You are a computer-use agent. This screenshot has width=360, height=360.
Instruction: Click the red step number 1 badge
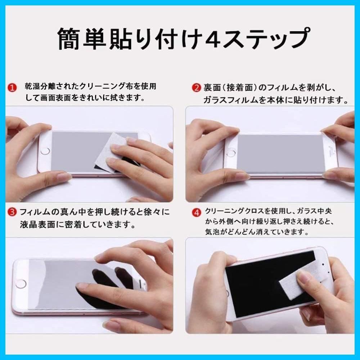[12, 88]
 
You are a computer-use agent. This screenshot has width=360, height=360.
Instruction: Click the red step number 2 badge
[196, 88]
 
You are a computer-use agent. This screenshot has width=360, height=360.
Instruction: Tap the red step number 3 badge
[12, 212]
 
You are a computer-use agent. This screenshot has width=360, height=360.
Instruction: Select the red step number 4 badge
[197, 213]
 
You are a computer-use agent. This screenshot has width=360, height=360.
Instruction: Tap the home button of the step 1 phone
[45, 151]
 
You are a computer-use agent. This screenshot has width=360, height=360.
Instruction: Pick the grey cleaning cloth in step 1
[111, 153]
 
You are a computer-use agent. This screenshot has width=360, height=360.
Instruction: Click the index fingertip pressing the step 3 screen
[81, 285]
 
